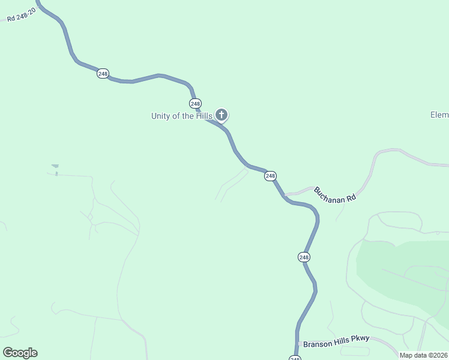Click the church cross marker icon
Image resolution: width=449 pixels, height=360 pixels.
[x=221, y=114]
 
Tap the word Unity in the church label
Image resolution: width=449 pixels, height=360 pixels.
[x=161, y=116]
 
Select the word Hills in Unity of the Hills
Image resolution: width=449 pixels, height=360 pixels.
[x=202, y=116]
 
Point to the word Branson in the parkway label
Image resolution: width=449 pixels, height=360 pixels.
[x=318, y=344]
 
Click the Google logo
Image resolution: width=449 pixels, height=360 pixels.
[x=20, y=352]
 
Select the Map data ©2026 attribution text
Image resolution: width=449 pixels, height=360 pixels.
[x=423, y=355]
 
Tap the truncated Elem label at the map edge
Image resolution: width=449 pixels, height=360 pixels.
[x=439, y=115]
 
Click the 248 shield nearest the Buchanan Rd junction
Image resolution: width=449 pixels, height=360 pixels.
[x=270, y=176]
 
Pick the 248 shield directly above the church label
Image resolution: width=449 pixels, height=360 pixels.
[x=195, y=103]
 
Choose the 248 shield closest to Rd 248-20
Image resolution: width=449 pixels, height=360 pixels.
[x=103, y=73]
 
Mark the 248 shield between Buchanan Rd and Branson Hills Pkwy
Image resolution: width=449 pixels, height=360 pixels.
[x=304, y=257]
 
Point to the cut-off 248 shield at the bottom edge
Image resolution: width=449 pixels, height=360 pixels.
[x=295, y=358]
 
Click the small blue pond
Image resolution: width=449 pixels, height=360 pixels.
[x=55, y=166]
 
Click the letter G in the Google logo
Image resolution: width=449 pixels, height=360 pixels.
[x=8, y=352]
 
